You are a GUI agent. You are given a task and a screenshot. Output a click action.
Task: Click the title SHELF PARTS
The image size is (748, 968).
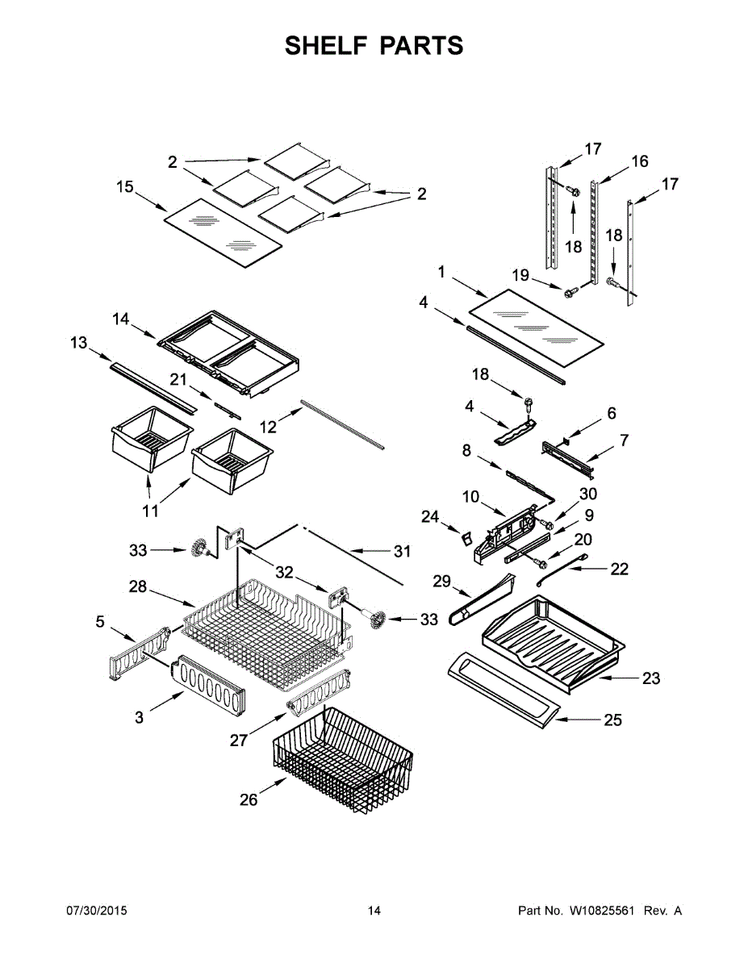pyautogui.click(x=374, y=46)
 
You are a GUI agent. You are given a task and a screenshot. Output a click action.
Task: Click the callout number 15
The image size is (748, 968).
pyautogui.click(x=124, y=187)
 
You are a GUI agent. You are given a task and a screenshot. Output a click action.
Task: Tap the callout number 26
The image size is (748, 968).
pyautogui.click(x=249, y=799)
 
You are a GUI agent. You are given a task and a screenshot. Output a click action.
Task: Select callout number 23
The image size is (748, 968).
pyautogui.click(x=650, y=678)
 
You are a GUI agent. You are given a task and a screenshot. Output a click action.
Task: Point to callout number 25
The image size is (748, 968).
pyautogui.click(x=612, y=720)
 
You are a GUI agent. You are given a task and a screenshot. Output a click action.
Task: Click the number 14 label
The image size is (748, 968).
pyautogui.click(x=120, y=319)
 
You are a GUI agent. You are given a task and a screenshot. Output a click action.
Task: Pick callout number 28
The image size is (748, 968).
pyautogui.click(x=138, y=587)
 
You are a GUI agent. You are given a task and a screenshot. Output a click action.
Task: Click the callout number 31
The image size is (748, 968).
pyautogui.click(x=402, y=552)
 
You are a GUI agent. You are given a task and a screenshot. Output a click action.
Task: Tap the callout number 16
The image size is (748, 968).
pyautogui.click(x=639, y=161)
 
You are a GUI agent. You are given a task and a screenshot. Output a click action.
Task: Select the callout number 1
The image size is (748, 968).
pyautogui.click(x=441, y=273)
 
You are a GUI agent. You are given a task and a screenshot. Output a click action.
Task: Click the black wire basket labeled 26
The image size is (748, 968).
pyautogui.click(x=343, y=758)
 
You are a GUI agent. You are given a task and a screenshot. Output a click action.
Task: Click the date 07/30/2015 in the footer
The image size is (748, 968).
pyautogui.click(x=96, y=911)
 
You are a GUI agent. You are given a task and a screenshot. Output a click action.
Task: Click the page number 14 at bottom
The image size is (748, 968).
pyautogui.click(x=374, y=911)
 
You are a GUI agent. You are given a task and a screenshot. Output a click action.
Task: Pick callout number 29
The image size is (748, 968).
pyautogui.click(x=440, y=581)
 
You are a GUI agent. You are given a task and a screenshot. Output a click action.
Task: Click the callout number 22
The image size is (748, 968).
pyautogui.click(x=619, y=570)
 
